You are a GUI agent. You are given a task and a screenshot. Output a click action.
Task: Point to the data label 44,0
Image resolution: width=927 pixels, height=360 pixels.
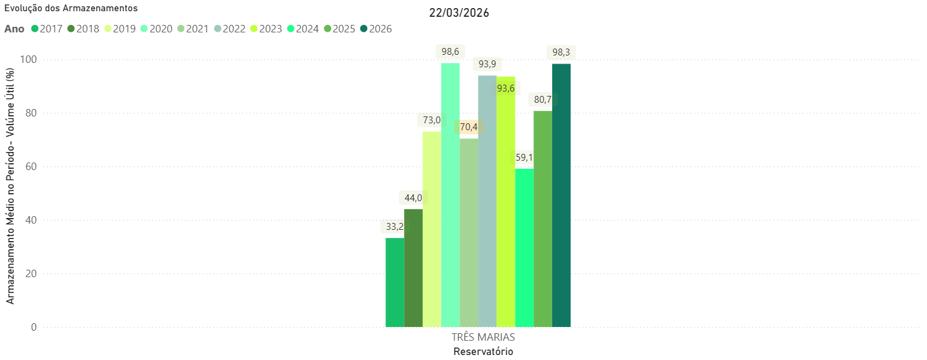(413, 198)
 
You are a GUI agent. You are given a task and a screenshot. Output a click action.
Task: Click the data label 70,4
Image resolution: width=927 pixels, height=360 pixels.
(468, 127)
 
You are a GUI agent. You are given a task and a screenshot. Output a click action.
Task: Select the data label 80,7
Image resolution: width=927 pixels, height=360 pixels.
(543, 99)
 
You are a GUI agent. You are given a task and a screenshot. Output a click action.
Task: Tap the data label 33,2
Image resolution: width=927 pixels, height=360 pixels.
(395, 226)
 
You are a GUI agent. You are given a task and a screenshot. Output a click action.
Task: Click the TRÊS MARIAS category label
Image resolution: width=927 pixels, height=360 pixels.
(483, 337)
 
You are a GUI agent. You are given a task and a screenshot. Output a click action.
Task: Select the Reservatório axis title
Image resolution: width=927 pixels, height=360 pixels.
(483, 351)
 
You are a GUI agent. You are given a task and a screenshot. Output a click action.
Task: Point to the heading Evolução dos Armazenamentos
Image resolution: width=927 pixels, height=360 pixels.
(71, 8)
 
